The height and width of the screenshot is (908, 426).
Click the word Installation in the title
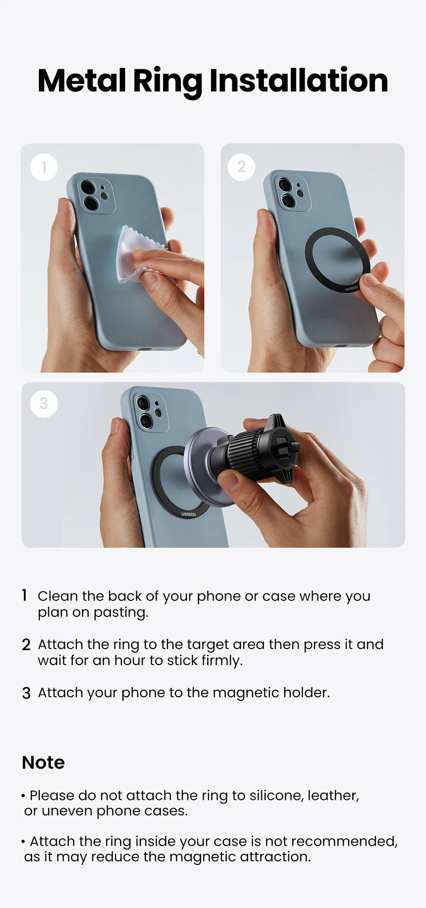pyautogui.click(x=299, y=81)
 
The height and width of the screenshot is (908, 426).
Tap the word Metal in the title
pyautogui.click(x=82, y=81)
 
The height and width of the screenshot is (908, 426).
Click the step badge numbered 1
pyautogui.click(x=44, y=167)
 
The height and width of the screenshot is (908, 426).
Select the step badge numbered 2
pyautogui.click(x=241, y=167)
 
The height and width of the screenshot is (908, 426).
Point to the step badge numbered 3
pyautogui.click(x=44, y=403)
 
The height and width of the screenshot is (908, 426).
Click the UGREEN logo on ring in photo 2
pyautogui.click(x=351, y=288)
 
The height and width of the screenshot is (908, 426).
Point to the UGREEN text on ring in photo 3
pyautogui.click(x=188, y=514)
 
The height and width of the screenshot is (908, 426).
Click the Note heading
pyautogui.click(x=44, y=763)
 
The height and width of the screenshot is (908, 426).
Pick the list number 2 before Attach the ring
pyautogui.click(x=26, y=645)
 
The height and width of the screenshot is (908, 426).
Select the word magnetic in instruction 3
pyautogui.click(x=246, y=693)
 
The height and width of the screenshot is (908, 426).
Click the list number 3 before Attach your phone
pyautogui.click(x=26, y=693)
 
